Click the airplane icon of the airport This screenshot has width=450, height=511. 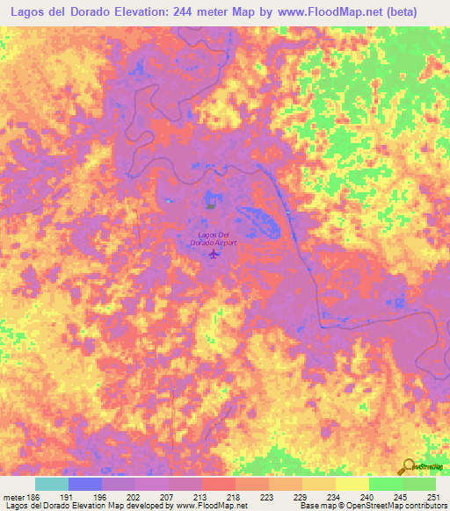pos(214,255)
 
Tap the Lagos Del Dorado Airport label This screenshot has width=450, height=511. pos(214,239)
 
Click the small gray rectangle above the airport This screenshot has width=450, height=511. pos(211,206)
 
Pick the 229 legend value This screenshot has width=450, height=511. pos(301,497)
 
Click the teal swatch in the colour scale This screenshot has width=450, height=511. pos(52,484)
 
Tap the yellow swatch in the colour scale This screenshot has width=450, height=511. pos(352,484)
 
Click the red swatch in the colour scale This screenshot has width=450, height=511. pos(218,484)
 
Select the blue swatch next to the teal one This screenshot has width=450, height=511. pos(85,484)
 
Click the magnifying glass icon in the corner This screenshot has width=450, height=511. pos(409,466)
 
